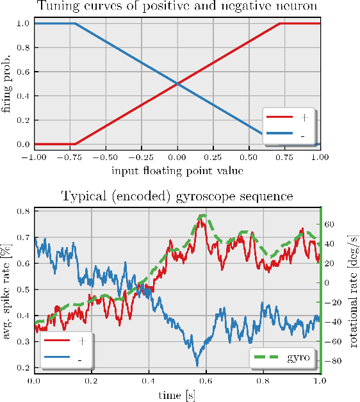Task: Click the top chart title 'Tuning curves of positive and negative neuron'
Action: (x=177, y=8)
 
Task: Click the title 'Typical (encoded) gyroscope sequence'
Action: (x=177, y=196)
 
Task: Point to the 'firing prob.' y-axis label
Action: (x=7, y=83)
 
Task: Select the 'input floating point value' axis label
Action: (x=177, y=170)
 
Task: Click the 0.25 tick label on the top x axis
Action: (x=212, y=157)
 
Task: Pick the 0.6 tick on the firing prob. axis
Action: (x=22, y=72)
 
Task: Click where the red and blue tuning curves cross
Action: (x=177, y=83)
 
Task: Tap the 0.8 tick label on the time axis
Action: (x=263, y=380)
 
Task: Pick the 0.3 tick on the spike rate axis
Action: (x=22, y=342)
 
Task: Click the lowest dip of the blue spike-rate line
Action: (x=197, y=366)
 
